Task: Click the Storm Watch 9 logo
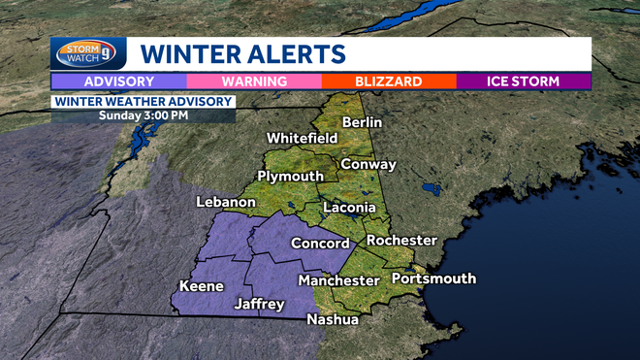(x=88, y=52)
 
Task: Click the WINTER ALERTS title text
(x=242, y=52)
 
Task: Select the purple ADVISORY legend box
(x=118, y=82)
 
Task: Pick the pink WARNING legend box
(x=254, y=82)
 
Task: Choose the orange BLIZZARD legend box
(x=388, y=82)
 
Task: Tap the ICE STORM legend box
(x=524, y=82)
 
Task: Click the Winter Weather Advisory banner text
(x=144, y=101)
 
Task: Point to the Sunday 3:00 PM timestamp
(x=144, y=115)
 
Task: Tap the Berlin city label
(x=363, y=122)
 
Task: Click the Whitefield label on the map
(x=302, y=138)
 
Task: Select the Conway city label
(x=368, y=164)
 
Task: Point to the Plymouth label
(x=290, y=176)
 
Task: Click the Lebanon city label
(x=225, y=202)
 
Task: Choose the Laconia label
(x=349, y=208)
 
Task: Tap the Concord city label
(x=320, y=244)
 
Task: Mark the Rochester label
(x=401, y=240)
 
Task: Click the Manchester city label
(x=338, y=280)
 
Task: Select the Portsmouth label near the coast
(x=433, y=278)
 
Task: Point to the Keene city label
(x=202, y=286)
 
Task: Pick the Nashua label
(x=333, y=319)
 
